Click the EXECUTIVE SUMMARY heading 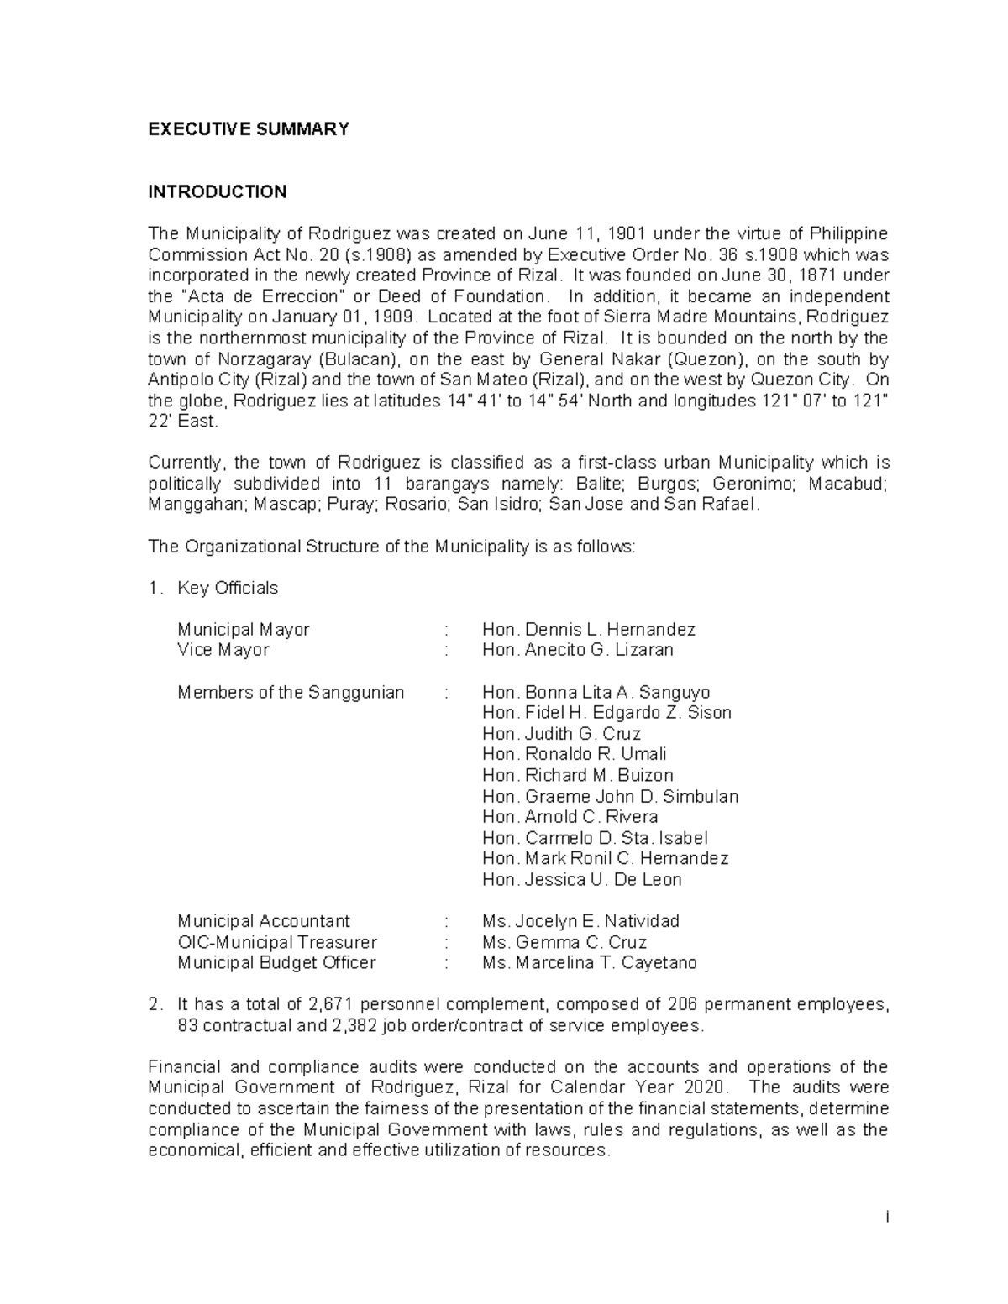[248, 129]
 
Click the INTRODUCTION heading [218, 192]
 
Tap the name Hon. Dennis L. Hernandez [588, 630]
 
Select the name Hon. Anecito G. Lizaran [577, 650]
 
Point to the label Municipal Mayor [244, 630]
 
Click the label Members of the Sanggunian [291, 693]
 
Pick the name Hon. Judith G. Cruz [561, 734]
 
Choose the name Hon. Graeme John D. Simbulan [610, 796]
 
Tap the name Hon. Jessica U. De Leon [581, 880]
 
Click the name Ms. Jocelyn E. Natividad [580, 921]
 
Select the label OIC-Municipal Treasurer [277, 942]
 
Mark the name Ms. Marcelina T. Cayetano [590, 963]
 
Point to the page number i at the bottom [886, 1218]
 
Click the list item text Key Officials [228, 588]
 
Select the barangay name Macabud [853, 484]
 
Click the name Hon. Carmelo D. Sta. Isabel [595, 838]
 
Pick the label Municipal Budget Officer [276, 963]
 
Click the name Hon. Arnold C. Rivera [570, 817]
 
